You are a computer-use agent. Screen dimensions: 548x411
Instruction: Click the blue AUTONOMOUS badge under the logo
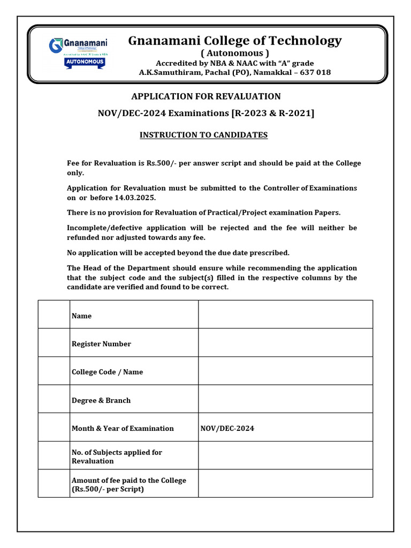point(85,62)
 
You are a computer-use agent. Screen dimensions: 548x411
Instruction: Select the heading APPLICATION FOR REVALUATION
point(206,96)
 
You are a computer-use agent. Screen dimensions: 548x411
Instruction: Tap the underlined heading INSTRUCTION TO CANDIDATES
point(203,135)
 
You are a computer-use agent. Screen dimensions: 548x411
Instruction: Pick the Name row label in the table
point(81,316)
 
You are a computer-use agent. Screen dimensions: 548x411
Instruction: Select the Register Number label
point(101,344)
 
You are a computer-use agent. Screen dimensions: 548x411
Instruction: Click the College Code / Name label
point(107,372)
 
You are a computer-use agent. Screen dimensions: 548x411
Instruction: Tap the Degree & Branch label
point(101,400)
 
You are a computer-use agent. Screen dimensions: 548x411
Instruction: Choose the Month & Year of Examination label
point(123,428)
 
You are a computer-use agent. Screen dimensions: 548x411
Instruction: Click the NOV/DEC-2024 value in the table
point(227,428)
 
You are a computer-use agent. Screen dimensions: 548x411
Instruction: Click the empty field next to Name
point(285,315)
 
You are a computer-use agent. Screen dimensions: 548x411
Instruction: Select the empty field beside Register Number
point(285,343)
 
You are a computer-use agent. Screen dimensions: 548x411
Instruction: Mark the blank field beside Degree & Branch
point(285,399)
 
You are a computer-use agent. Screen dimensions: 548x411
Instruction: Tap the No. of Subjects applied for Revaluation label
point(117,456)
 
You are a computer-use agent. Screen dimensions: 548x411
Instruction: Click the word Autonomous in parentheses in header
point(234,53)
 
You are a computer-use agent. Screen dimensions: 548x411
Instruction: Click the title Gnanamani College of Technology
point(234,41)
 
